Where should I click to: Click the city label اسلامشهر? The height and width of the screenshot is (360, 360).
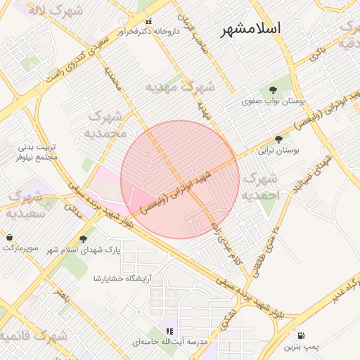click(x=250, y=29)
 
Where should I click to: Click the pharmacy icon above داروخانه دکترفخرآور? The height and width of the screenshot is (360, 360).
click(x=148, y=20)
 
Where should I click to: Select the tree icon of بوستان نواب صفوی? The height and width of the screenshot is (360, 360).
click(x=272, y=89)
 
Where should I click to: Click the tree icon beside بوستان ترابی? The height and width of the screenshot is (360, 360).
click(x=279, y=139)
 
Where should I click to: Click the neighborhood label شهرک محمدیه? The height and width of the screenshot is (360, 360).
click(x=106, y=124)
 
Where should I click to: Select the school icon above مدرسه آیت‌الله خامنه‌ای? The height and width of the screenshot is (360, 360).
click(x=169, y=330)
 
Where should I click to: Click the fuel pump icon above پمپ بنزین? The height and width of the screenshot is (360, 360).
click(x=301, y=336)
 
